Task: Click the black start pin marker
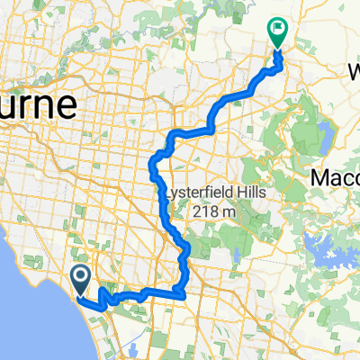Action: [x=80, y=281]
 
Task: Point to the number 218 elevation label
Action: [x=204, y=211]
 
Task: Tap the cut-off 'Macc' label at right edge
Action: [x=335, y=178]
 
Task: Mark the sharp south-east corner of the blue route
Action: [x=184, y=293]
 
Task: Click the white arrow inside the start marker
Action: [x=80, y=277]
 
